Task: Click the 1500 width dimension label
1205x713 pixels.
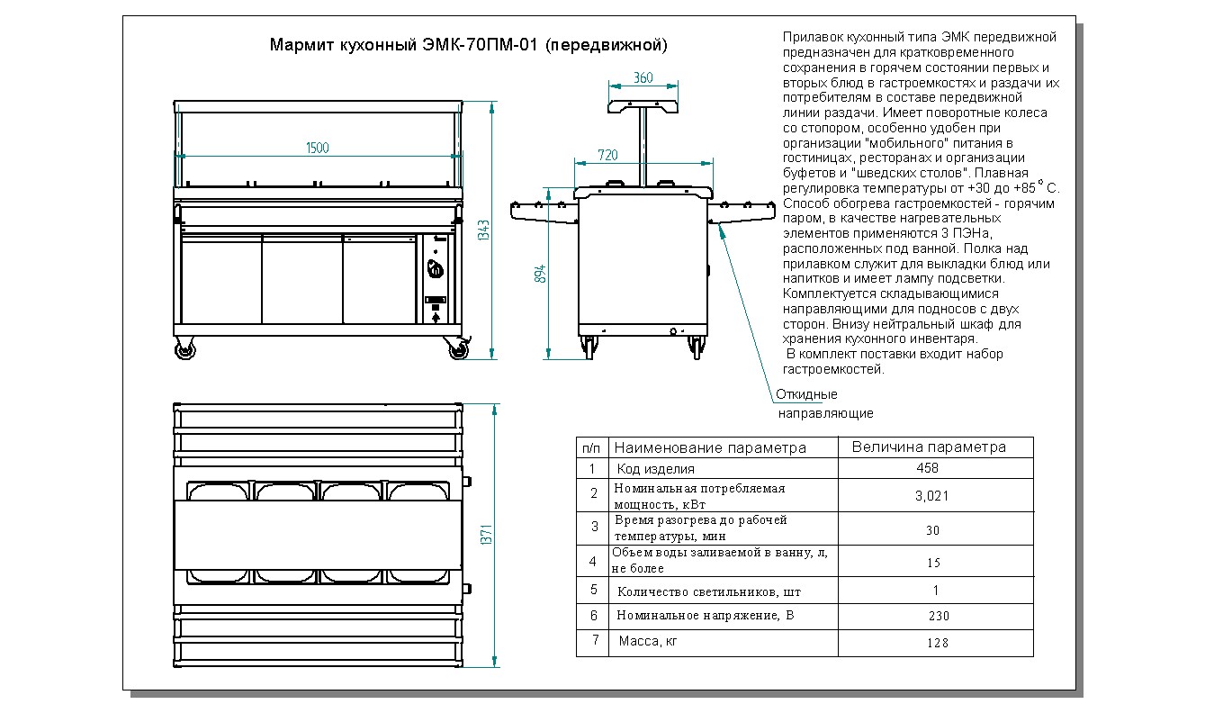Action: (317, 148)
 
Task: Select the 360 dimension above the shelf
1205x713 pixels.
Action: (643, 77)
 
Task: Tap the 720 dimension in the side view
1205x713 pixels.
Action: (607, 155)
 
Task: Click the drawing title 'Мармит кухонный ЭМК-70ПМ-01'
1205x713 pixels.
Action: (468, 44)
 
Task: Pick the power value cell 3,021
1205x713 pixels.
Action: (931, 495)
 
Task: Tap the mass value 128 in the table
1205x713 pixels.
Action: (936, 643)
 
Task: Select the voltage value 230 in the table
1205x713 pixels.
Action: (938, 616)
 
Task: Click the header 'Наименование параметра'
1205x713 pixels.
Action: (710, 447)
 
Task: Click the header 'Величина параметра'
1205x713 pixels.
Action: (929, 447)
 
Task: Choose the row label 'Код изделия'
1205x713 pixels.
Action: (655, 469)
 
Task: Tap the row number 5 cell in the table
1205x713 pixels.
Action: (592, 591)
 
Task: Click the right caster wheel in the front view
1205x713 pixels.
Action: (458, 350)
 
